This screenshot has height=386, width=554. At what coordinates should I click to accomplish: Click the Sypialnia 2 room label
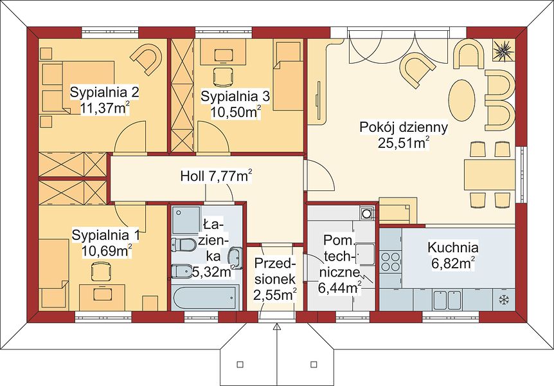(x=104, y=93)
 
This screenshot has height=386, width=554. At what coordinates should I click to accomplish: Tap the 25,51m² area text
(x=404, y=143)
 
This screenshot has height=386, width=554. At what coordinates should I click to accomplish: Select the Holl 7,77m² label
(x=216, y=176)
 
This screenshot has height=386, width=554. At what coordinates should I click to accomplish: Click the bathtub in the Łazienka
(x=204, y=297)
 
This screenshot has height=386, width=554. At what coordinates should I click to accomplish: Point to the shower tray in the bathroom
(x=186, y=220)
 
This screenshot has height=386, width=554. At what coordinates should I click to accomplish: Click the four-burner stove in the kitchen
(x=390, y=261)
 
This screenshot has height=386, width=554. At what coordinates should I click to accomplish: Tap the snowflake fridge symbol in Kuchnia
(x=503, y=300)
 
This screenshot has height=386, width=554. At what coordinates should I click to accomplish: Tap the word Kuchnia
(x=453, y=247)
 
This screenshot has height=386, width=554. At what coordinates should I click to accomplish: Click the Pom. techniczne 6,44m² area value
(x=340, y=288)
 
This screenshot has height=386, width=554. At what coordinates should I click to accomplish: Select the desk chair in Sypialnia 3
(x=223, y=77)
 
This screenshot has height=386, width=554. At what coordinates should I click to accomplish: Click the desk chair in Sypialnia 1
(x=102, y=271)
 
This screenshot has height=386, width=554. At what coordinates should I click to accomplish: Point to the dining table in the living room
(x=490, y=175)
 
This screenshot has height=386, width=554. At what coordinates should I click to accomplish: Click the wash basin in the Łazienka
(x=235, y=259)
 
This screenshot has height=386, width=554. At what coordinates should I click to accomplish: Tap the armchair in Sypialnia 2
(x=147, y=59)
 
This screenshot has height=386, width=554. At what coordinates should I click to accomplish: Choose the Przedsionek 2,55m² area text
(x=275, y=295)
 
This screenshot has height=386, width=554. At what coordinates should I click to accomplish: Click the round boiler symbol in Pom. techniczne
(x=368, y=214)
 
